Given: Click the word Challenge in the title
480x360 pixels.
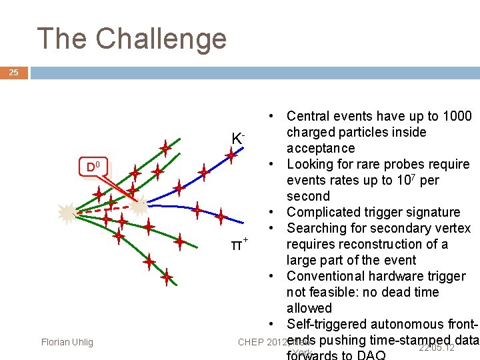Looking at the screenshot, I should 161,39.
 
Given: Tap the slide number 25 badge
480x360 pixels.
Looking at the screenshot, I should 14,73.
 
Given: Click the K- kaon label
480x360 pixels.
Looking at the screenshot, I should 238,139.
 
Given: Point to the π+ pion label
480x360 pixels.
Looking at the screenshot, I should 239,245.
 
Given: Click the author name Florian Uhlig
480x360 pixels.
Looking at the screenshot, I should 67,343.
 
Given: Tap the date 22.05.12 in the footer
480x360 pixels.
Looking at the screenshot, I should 437,348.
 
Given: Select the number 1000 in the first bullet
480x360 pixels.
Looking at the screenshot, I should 455,117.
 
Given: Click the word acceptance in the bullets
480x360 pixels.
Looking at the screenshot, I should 321,148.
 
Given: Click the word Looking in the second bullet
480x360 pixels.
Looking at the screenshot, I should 311,164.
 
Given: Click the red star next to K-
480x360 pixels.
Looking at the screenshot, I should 231,157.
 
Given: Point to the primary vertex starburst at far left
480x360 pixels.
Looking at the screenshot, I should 67,213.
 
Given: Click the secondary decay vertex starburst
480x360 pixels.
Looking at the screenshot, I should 139,207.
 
